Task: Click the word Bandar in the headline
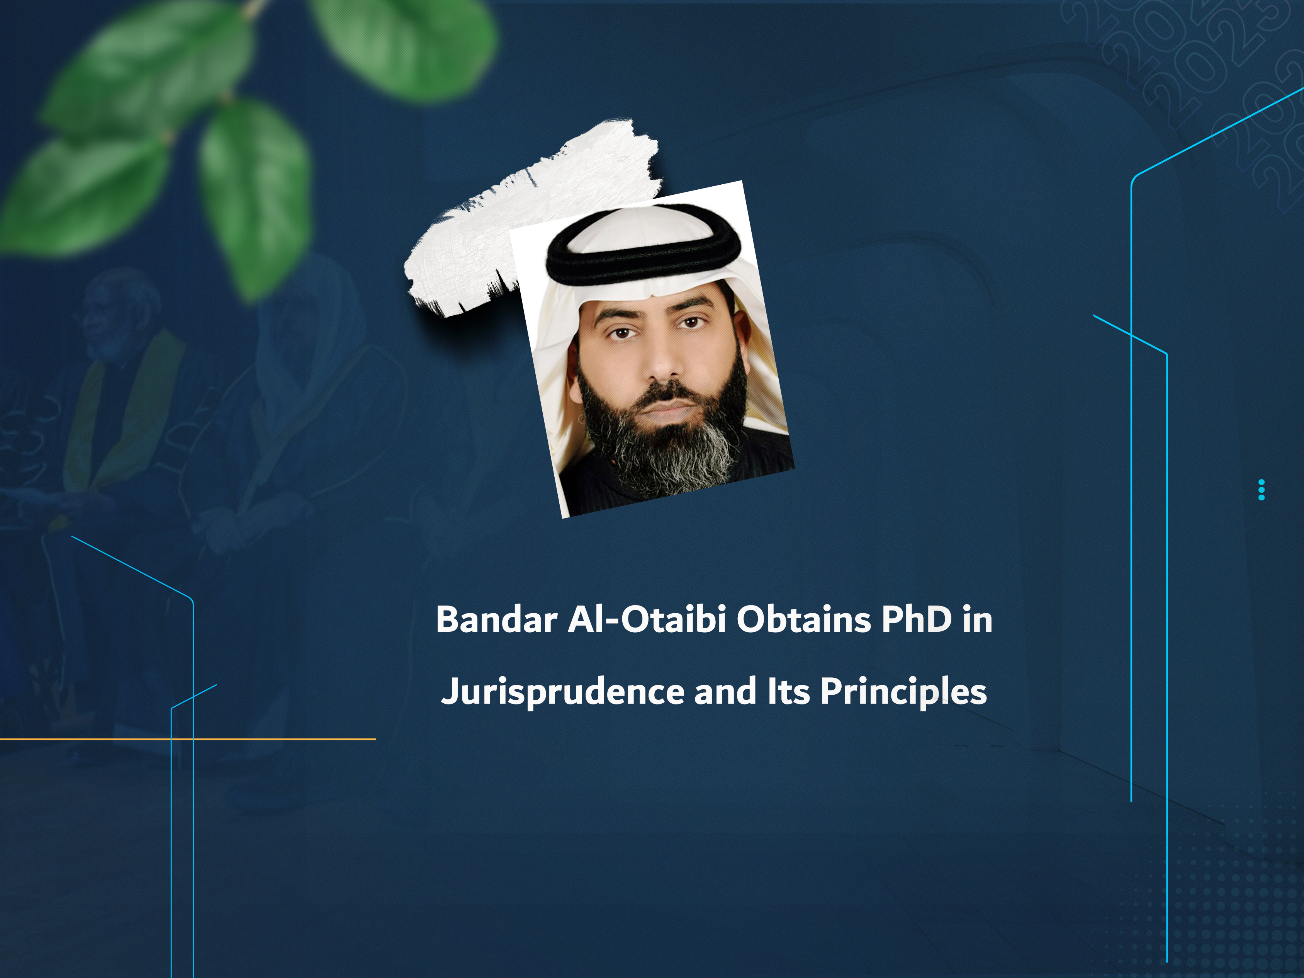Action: tap(496, 619)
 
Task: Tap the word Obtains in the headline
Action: tap(803, 619)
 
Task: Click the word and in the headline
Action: tap(725, 691)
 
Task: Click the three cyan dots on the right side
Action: tap(1262, 490)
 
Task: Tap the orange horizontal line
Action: tap(187, 738)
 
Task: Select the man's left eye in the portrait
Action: tap(691, 322)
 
